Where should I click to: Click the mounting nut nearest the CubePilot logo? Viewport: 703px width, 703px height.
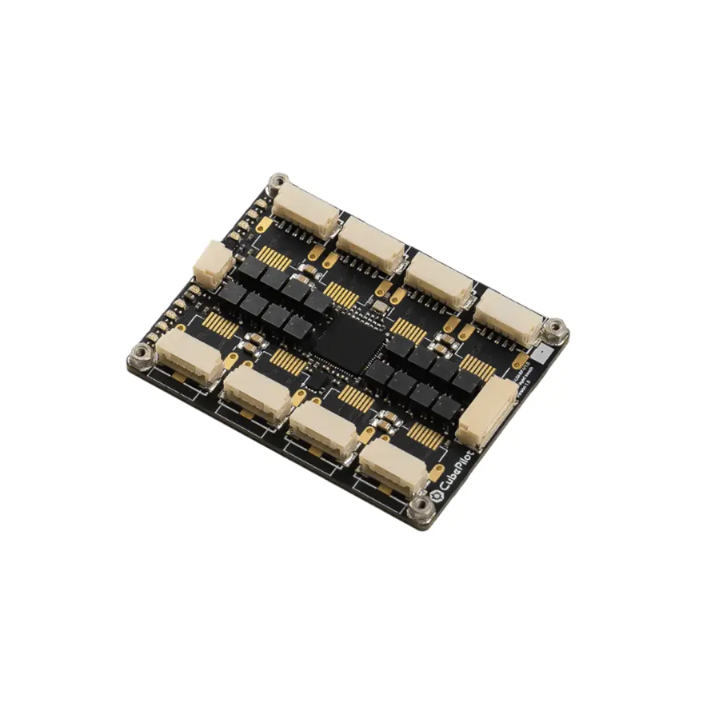419,509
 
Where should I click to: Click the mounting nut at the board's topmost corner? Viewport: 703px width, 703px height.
277,183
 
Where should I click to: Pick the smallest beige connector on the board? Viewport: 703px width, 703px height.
212,263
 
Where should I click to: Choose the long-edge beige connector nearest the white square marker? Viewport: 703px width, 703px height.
509,316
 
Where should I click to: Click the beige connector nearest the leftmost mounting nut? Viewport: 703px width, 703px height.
188,357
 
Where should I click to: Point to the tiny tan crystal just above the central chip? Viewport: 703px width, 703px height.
377,304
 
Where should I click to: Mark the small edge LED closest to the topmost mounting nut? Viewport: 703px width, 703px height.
263,203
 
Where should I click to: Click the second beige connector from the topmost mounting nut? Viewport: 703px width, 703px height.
371,242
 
